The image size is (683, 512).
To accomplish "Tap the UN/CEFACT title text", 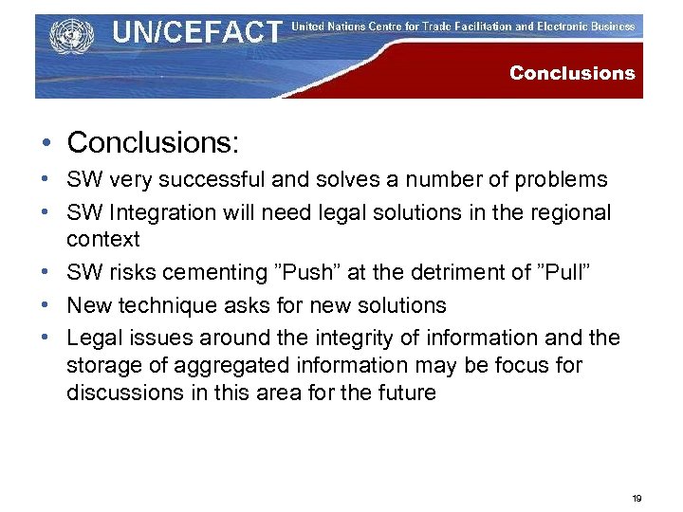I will (197, 33).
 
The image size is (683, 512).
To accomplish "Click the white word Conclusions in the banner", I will (572, 73).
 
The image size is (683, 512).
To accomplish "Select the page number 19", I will (637, 497).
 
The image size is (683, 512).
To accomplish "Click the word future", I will (405, 393).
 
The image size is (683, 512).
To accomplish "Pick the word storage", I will (101, 365).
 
